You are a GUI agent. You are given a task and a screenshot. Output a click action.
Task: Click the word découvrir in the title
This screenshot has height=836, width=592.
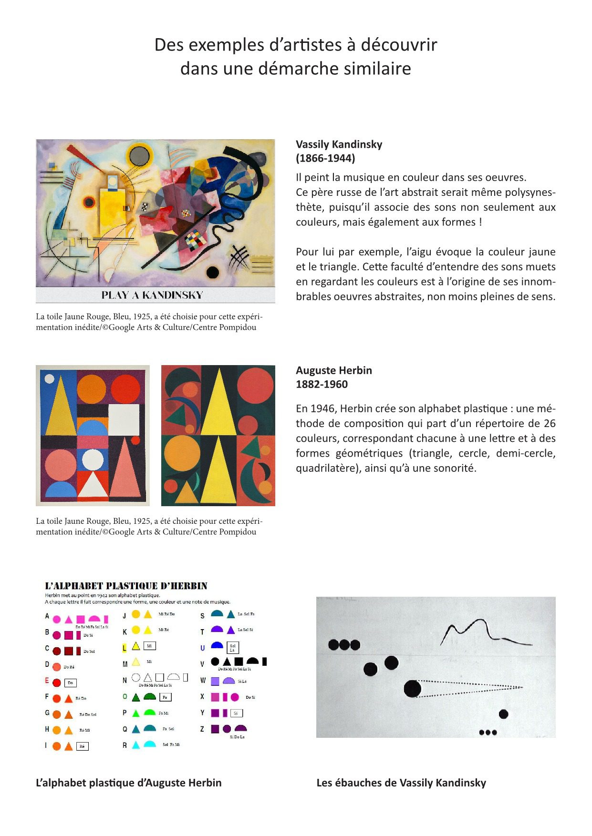click(x=399, y=45)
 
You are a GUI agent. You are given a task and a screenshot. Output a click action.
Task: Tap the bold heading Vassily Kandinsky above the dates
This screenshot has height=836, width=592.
click(x=339, y=144)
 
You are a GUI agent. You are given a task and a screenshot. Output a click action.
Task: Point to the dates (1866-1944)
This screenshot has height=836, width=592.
click(x=325, y=158)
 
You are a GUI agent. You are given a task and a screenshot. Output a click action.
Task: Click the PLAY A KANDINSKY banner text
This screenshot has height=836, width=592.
click(x=152, y=295)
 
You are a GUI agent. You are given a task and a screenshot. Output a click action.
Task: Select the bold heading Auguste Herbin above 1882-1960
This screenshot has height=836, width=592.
click(x=333, y=370)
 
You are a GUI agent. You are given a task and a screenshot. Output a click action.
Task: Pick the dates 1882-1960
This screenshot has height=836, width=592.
click(x=322, y=384)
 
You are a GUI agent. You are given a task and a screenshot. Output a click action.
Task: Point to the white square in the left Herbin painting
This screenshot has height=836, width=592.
click(x=124, y=420)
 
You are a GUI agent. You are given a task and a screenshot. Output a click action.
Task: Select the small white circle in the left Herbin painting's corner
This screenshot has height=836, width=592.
click(x=49, y=379)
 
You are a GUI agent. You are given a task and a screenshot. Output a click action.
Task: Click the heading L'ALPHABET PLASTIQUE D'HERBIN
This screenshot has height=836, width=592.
click(x=126, y=586)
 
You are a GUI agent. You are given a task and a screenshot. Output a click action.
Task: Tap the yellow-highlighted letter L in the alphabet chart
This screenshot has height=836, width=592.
click(x=125, y=648)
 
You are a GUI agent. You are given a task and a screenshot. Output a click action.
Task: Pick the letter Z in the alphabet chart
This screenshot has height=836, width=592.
click(x=202, y=729)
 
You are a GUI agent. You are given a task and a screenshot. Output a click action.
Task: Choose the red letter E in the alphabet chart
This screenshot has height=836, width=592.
click(x=47, y=681)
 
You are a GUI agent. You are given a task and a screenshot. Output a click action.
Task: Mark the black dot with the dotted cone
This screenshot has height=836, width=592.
click(x=413, y=689)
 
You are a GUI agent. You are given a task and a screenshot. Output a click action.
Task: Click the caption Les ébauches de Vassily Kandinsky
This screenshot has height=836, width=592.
click(x=401, y=783)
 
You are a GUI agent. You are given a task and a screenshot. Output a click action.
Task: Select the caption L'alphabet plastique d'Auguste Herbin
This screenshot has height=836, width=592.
click(x=128, y=783)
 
